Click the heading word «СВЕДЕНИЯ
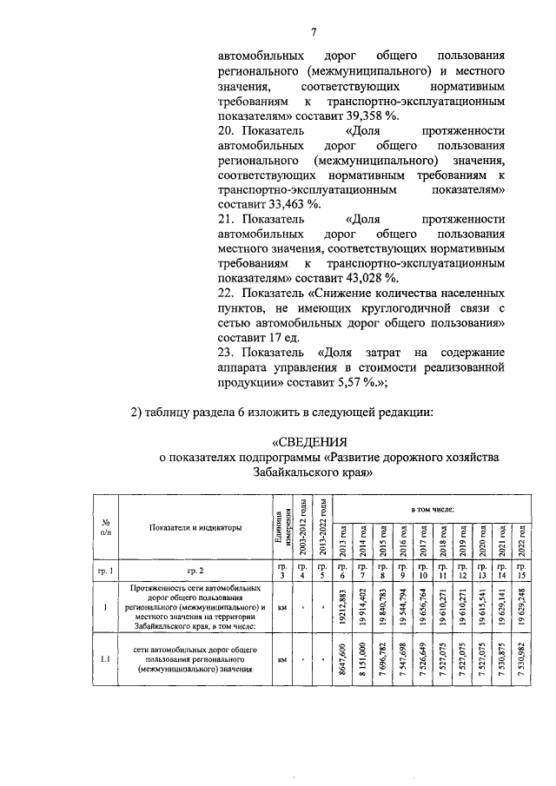pyautogui.click(x=310, y=440)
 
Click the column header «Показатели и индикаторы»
pyautogui.click(x=195, y=527)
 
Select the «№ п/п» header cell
pyautogui.click(x=104, y=527)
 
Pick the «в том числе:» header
pyautogui.click(x=432, y=505)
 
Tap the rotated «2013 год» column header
pyautogui.click(x=343, y=542)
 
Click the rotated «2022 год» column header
pyautogui.click(x=521, y=542)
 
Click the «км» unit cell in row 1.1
pyautogui.click(x=281, y=660)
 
